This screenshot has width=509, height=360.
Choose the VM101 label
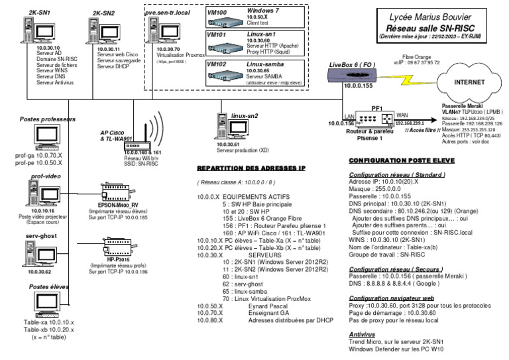(x=217, y=35)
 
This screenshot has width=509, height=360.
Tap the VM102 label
(x=217, y=64)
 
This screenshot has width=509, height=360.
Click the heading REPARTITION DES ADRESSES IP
(x=251, y=169)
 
